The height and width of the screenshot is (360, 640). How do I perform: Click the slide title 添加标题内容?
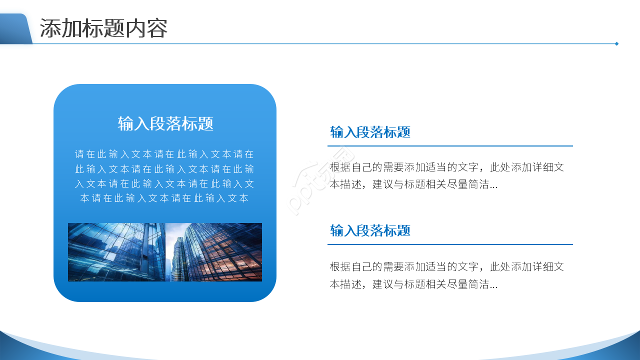[x=103, y=28]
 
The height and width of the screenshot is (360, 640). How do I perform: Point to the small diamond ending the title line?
[x=616, y=43]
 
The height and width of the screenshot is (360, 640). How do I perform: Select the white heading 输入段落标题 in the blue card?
[x=165, y=123]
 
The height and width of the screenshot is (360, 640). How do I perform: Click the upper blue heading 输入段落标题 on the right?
[x=370, y=132]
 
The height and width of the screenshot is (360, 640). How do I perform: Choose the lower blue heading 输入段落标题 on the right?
[x=370, y=230]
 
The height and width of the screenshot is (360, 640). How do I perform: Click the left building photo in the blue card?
[x=116, y=252]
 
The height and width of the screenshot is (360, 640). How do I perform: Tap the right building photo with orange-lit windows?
[x=214, y=252]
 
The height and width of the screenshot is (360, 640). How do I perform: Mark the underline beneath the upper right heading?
[x=450, y=146]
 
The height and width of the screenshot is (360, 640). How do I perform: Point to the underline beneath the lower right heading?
[x=450, y=244]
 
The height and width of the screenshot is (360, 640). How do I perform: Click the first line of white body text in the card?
[x=164, y=154]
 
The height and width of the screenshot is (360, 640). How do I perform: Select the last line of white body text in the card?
[x=164, y=198]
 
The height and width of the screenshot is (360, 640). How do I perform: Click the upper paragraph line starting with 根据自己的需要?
[x=446, y=167]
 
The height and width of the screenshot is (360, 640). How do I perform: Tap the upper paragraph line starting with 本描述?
[x=413, y=184]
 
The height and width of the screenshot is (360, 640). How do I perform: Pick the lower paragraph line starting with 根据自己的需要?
[x=446, y=266]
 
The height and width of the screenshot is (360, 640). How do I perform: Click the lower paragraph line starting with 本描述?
[x=413, y=284]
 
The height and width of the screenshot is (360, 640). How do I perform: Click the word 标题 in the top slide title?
[x=103, y=28]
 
